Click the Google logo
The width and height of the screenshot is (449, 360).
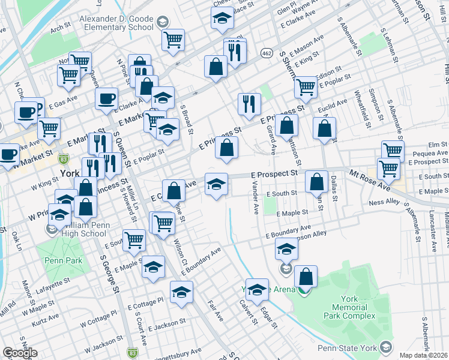click(20, 353)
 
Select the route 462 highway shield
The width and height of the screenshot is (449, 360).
click(266, 54)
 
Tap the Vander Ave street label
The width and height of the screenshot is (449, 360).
click(255, 199)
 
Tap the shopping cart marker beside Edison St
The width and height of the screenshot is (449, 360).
click(306, 88)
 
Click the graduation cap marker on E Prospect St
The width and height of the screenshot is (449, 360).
click(216, 183)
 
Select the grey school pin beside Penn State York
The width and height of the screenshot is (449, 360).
click(385, 347)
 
